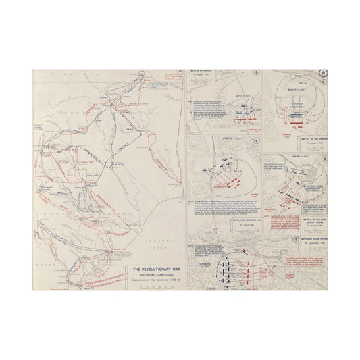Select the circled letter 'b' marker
click(256, 72)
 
